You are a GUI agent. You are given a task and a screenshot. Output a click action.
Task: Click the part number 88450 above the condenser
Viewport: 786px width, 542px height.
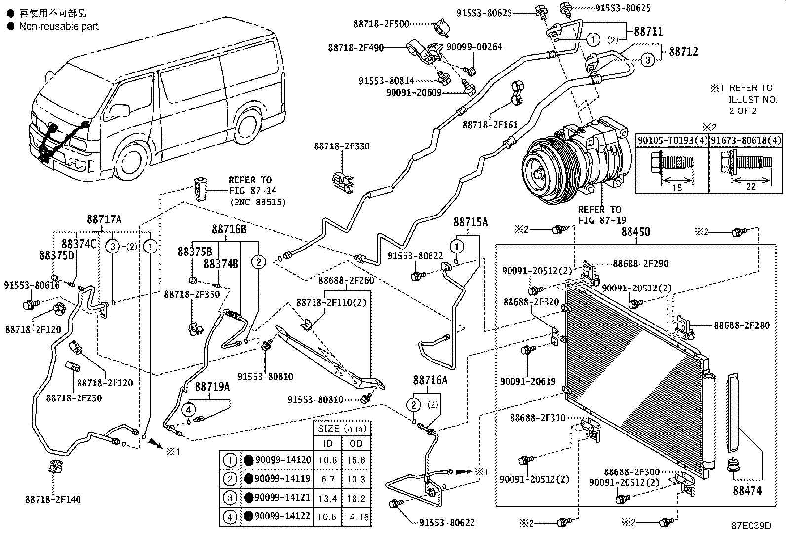[x=635, y=232]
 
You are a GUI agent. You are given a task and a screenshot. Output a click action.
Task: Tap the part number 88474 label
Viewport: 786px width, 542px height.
[x=747, y=491]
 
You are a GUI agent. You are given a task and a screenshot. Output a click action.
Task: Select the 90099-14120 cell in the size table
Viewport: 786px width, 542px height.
[x=283, y=460]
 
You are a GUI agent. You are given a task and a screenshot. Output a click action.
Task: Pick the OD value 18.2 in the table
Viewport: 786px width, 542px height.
[x=355, y=499]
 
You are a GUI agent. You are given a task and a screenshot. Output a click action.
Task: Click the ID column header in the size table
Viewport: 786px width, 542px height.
[x=327, y=443]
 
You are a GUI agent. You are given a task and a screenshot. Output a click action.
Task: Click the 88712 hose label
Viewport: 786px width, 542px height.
[x=683, y=52]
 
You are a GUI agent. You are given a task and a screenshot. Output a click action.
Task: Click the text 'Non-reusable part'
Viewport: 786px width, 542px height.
[x=58, y=26]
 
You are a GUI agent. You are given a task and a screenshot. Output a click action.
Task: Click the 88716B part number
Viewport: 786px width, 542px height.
[x=229, y=229]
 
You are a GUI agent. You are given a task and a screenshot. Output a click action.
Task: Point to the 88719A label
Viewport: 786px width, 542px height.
[x=212, y=386]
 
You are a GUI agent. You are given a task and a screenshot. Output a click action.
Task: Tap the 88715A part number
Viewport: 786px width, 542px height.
[x=471, y=223]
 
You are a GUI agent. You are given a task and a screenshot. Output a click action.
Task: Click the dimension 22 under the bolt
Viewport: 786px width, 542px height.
[x=751, y=186]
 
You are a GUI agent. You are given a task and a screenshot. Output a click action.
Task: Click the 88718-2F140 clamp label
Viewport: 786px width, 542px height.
[x=53, y=499]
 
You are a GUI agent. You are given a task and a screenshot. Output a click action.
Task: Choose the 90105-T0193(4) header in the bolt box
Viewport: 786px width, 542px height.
[x=672, y=141]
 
